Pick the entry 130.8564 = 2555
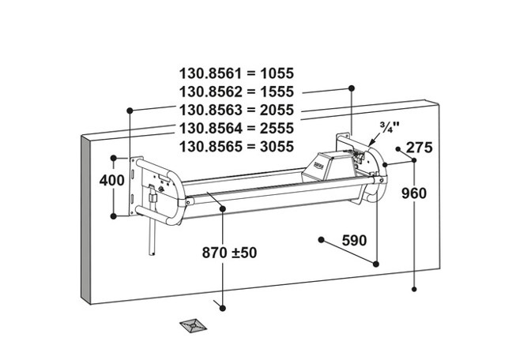coord(237,128)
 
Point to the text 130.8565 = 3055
coord(237,145)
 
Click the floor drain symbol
coord(194,324)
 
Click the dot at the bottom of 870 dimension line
coord(224,306)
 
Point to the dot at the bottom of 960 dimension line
coord(414,290)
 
